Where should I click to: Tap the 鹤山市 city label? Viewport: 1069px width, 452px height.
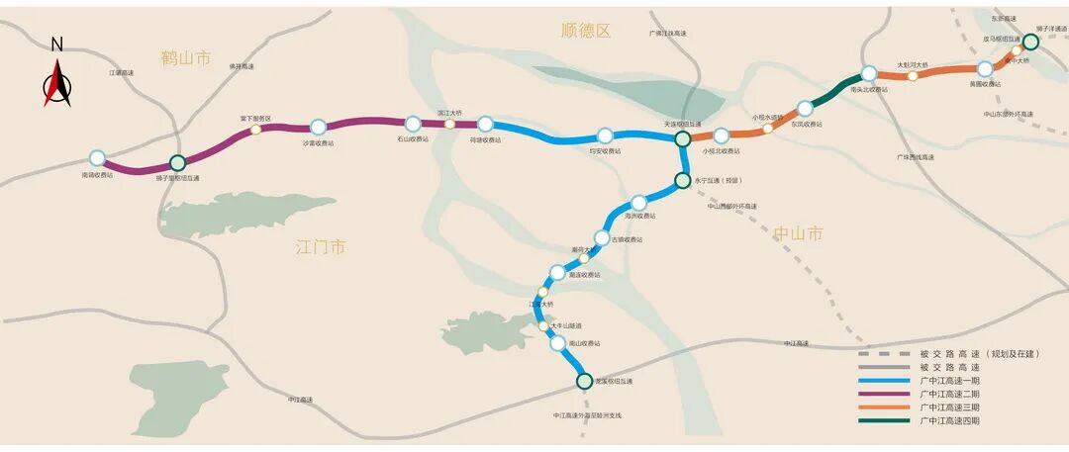(x=186, y=58)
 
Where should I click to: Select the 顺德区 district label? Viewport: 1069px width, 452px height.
(x=586, y=31)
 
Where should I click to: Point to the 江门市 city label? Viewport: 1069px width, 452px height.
(x=321, y=246)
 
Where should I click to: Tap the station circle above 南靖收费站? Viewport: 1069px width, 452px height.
(x=97, y=157)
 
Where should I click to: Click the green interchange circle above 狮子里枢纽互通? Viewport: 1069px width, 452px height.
(x=178, y=162)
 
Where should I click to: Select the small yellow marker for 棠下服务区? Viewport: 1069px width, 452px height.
(x=255, y=129)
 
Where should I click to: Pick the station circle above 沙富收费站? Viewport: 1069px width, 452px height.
(x=318, y=127)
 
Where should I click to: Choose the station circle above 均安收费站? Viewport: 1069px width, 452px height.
(x=605, y=136)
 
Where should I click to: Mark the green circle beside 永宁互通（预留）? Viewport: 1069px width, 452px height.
(x=682, y=181)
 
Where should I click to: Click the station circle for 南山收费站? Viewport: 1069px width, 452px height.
(x=558, y=343)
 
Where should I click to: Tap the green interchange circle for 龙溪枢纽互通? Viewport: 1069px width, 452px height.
(x=584, y=381)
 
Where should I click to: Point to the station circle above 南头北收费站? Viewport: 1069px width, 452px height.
(x=868, y=73)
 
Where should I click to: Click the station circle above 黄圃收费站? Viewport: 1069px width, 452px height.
(x=985, y=69)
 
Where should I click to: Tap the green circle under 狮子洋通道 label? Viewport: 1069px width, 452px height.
(x=1030, y=42)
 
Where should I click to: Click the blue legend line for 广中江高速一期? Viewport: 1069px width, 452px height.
(x=884, y=381)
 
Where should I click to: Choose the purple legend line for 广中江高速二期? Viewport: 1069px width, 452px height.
(x=884, y=394)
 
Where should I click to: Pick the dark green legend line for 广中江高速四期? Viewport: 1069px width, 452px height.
(x=884, y=420)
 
